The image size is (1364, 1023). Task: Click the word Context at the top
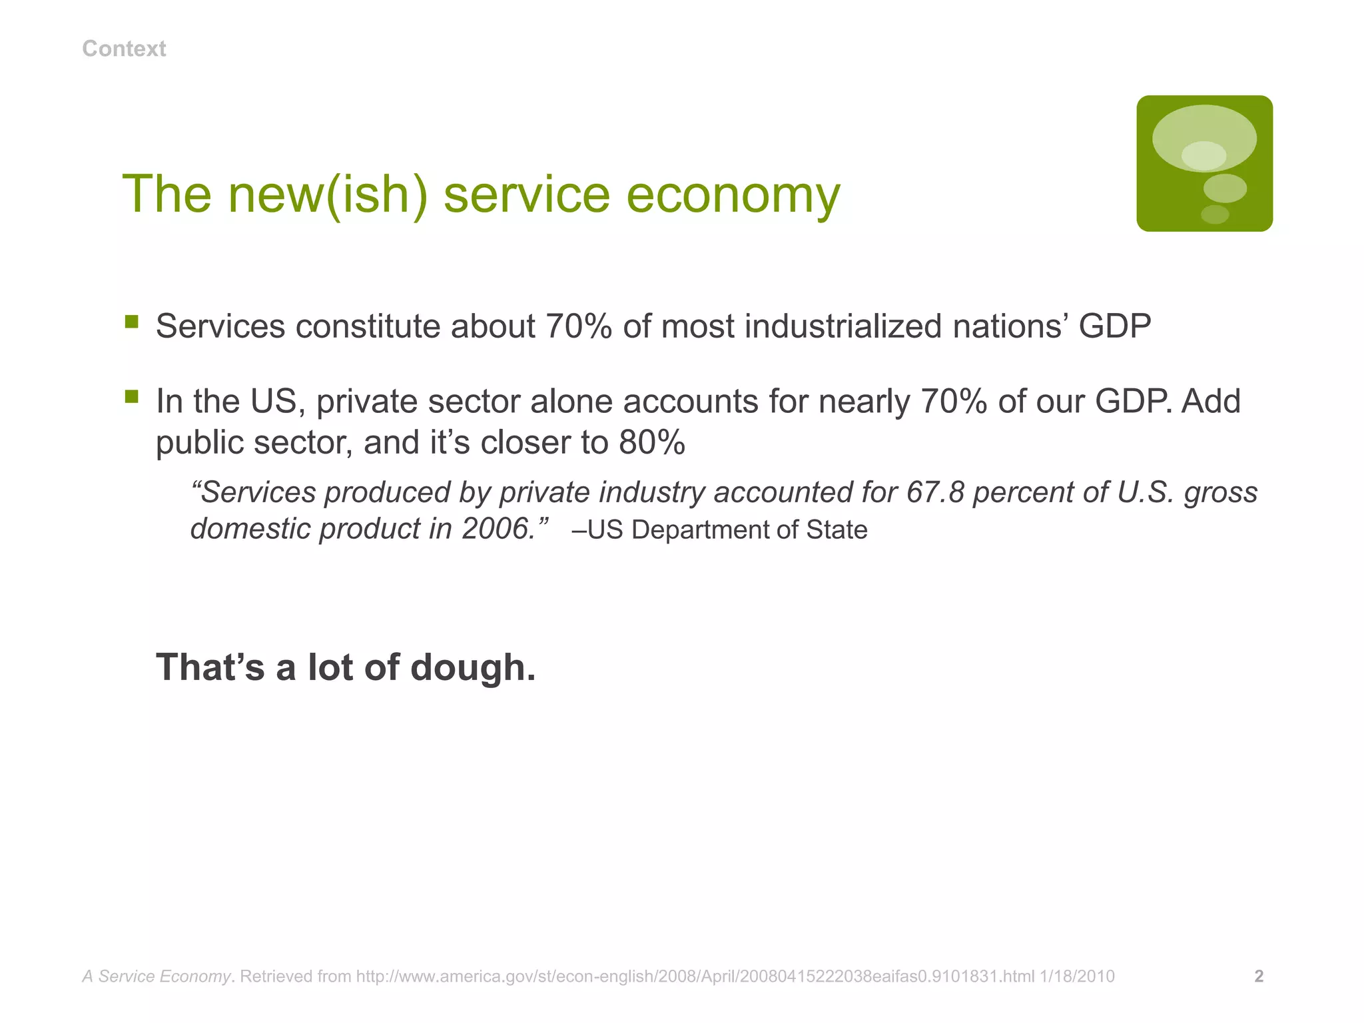click(x=124, y=49)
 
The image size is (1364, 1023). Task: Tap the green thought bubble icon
click(x=1204, y=163)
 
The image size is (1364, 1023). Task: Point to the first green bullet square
click(x=132, y=323)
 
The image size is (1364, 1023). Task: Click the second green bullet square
click(x=132, y=398)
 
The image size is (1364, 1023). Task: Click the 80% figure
click(x=651, y=442)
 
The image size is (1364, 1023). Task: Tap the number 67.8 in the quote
click(x=934, y=493)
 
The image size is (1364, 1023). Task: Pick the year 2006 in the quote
click(x=496, y=529)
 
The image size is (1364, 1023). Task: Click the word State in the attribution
click(x=837, y=530)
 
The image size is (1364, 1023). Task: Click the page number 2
click(x=1259, y=976)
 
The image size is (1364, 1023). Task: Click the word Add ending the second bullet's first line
click(x=1211, y=402)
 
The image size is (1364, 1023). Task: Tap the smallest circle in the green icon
click(x=1215, y=214)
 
